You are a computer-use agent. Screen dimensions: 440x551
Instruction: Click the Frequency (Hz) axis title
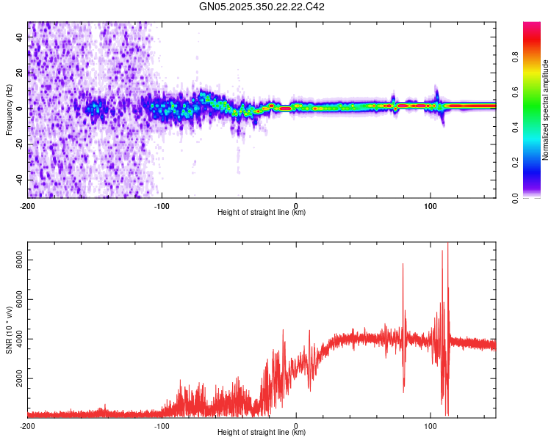[x=9, y=109]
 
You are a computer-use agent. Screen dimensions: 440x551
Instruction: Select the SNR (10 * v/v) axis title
[x=9, y=329]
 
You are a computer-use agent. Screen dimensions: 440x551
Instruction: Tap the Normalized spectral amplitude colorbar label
[x=546, y=110]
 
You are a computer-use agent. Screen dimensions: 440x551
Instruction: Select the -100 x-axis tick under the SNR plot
[x=162, y=425]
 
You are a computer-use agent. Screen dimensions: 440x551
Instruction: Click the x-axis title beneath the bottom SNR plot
[x=262, y=433]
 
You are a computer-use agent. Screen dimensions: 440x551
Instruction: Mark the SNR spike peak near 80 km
[x=403, y=264]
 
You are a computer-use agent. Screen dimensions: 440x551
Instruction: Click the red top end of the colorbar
[x=532, y=25]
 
